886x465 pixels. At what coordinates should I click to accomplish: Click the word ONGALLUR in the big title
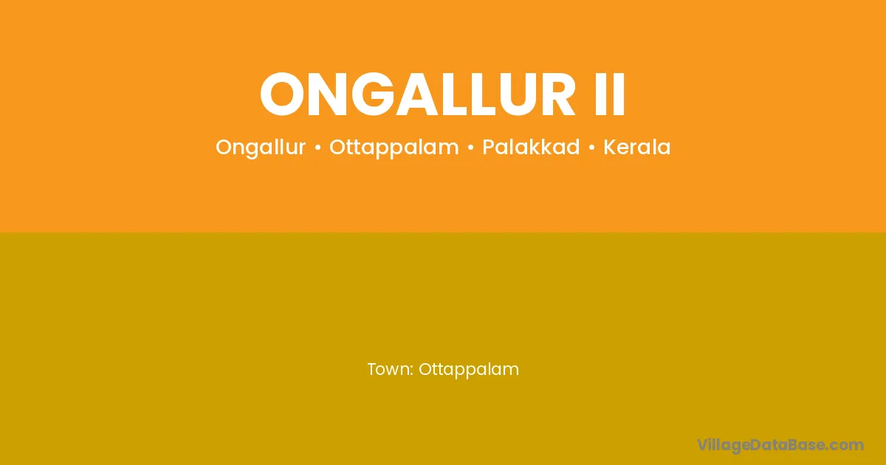click(417, 94)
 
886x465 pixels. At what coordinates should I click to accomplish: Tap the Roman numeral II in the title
click(610, 94)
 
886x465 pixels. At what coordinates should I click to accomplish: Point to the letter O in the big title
click(282, 94)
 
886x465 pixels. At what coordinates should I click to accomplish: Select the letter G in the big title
click(373, 94)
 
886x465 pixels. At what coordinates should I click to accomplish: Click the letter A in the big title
click(420, 94)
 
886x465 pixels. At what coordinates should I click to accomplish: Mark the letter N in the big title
click(328, 94)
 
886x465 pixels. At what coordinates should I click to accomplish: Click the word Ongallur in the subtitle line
click(261, 148)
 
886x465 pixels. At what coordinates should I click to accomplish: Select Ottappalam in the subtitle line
click(394, 148)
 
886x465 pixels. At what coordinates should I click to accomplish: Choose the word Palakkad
click(531, 147)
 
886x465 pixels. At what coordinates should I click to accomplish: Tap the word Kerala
click(636, 147)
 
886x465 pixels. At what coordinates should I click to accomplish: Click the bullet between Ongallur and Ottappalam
click(317, 148)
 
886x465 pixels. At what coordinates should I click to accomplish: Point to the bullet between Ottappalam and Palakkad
click(471, 148)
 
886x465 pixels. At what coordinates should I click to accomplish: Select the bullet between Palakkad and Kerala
click(591, 148)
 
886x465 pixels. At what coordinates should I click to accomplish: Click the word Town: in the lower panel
click(391, 369)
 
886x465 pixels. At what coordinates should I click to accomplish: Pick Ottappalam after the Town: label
click(469, 370)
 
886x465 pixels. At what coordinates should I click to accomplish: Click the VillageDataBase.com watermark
click(780, 445)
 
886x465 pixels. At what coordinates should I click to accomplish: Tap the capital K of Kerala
click(611, 147)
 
